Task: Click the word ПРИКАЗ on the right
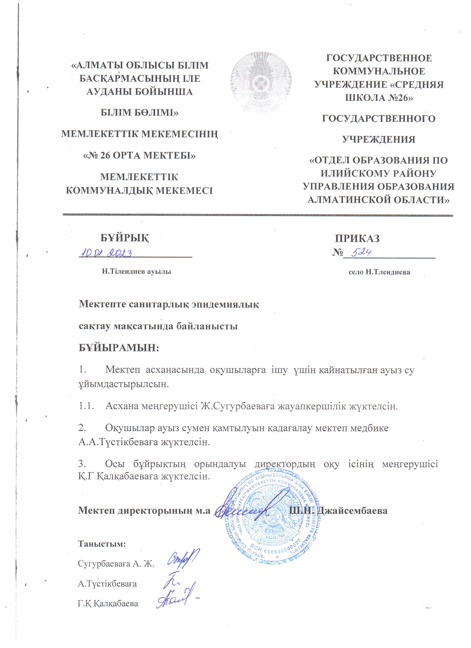click(x=357, y=238)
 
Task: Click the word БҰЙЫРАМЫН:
click(x=119, y=348)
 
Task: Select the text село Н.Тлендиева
click(x=379, y=272)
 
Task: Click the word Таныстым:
click(x=102, y=543)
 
